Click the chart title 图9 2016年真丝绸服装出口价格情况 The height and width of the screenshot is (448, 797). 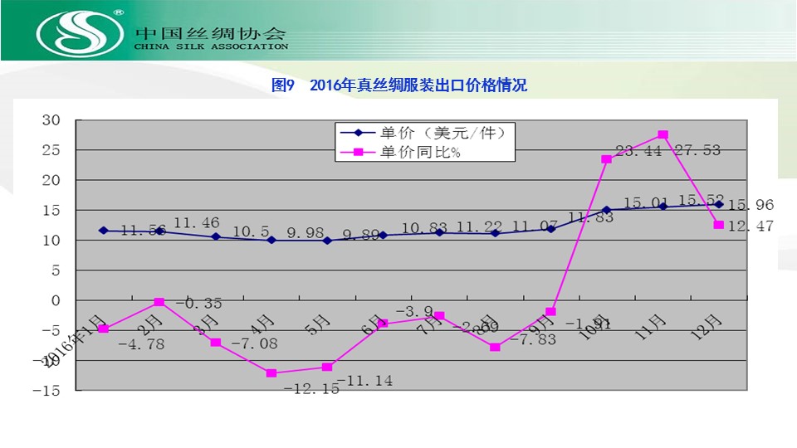399,85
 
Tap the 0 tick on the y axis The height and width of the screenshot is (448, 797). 57,300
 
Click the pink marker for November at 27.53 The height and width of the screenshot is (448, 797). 663,134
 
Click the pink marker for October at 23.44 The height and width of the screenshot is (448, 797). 607,159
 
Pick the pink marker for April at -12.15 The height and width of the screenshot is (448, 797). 271,373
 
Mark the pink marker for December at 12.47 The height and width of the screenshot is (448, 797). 719,225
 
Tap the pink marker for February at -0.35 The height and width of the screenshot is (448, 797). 159,302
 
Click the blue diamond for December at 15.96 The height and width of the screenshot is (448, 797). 719,204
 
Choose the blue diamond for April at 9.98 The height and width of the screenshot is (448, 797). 271,240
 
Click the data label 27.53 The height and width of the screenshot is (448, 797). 697,150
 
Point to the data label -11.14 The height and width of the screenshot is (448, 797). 359,382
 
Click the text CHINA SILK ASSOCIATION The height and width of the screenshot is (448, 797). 211,47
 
